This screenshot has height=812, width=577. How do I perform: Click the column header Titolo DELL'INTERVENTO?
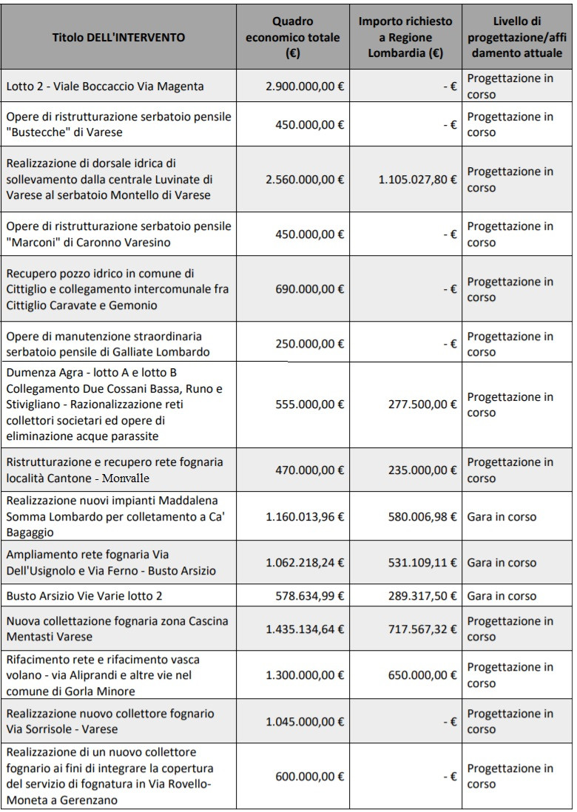(118, 37)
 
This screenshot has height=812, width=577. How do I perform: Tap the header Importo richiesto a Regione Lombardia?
(405, 37)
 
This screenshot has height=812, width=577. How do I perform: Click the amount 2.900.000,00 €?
(305, 87)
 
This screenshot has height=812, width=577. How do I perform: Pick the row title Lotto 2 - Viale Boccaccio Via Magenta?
(105, 87)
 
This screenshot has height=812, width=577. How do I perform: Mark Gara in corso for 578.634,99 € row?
(502, 595)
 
